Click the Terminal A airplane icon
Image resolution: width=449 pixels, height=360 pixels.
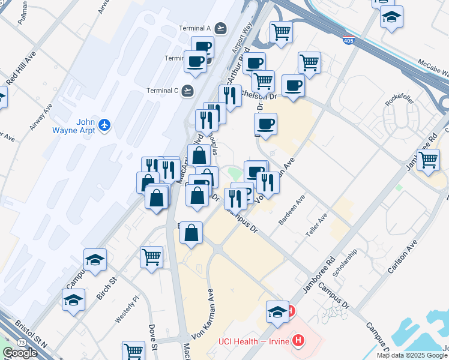[221, 28]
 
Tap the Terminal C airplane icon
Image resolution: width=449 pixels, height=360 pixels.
[188, 91]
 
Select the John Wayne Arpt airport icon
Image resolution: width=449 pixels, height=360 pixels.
[106, 125]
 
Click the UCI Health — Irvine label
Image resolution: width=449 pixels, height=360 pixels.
[254, 341]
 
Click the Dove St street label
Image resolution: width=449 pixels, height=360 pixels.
[154, 338]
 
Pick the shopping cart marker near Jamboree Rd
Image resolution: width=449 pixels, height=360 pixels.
[428, 160]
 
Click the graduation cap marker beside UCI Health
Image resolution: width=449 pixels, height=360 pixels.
[277, 313]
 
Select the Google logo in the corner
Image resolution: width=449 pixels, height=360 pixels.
[20, 353]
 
